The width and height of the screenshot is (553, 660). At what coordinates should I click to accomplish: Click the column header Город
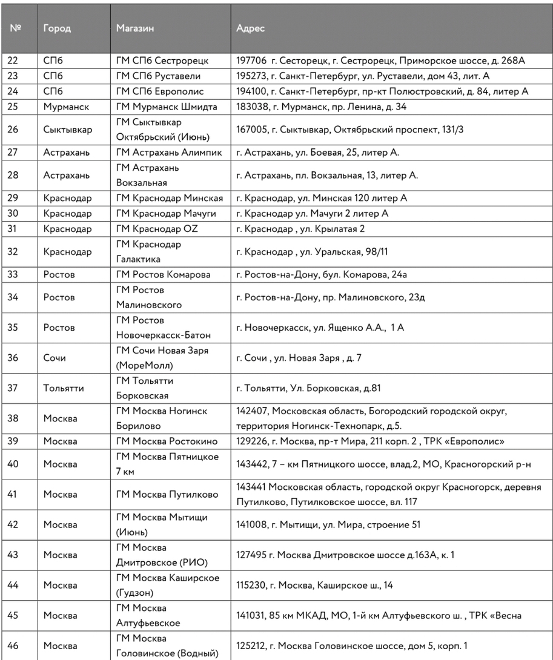[57, 28]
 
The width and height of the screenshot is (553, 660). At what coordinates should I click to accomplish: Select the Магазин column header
[135, 28]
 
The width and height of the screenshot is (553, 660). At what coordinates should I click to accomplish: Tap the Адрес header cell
[251, 28]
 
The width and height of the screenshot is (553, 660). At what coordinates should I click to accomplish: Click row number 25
[13, 107]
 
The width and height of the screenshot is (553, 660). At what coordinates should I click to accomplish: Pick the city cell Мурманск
[66, 107]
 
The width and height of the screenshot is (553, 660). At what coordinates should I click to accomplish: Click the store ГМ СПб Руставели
[158, 76]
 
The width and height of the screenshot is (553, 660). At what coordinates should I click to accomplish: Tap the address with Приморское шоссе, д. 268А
[381, 61]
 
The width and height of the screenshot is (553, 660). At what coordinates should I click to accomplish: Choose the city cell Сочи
[55, 358]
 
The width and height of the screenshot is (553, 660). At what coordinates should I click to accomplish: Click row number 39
[13, 441]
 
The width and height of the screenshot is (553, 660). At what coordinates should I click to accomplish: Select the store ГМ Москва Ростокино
[167, 441]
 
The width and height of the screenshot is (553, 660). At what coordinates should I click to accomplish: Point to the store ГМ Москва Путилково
[167, 494]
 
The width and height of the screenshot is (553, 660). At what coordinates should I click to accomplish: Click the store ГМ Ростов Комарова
[164, 274]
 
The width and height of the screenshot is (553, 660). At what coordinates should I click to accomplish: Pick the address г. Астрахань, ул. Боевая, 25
[317, 153]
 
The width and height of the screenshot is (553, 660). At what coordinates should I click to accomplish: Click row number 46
[13, 645]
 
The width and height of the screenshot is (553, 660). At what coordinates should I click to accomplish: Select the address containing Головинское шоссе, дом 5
[351, 645]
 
